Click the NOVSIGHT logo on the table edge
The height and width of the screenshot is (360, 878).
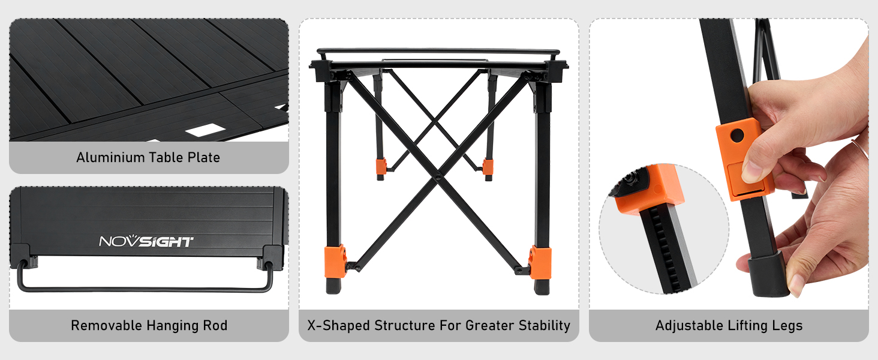click(x=146, y=241)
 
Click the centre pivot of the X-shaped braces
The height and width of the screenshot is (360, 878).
click(x=438, y=177)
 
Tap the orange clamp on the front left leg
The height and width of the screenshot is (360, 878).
click(x=335, y=262)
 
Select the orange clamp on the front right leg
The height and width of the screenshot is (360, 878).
click(x=540, y=262)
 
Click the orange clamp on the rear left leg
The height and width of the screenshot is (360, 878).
click(x=381, y=166)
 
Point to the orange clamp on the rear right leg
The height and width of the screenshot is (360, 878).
click(x=488, y=167)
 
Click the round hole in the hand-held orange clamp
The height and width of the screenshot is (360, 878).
click(x=737, y=135)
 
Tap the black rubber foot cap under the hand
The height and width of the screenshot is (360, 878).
click(x=768, y=275)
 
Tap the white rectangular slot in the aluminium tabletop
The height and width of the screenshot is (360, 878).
click(x=205, y=130)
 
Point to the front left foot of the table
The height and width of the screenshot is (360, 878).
click(x=333, y=286)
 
